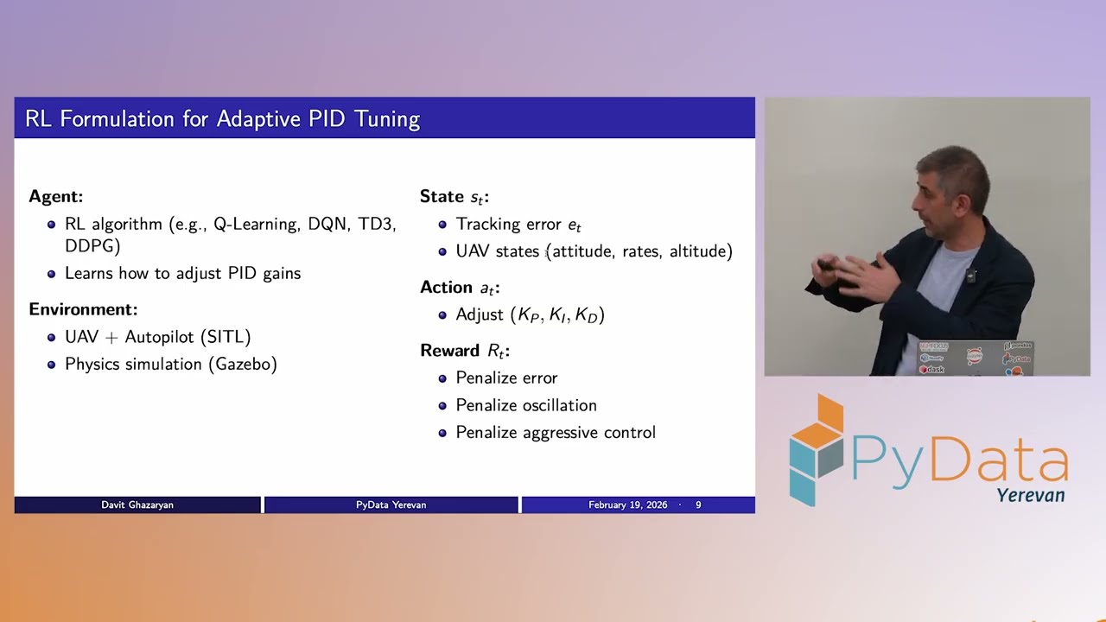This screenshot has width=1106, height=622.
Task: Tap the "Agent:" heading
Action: click(x=56, y=196)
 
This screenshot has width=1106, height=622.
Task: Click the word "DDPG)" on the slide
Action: click(x=92, y=246)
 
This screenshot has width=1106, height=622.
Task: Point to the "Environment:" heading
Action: click(x=83, y=309)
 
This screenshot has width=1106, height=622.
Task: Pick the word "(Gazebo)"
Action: click(x=243, y=364)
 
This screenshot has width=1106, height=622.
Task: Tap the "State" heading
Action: click(x=442, y=196)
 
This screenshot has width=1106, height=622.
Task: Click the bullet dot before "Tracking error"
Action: click(x=442, y=225)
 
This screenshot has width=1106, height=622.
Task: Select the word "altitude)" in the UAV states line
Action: click(x=701, y=251)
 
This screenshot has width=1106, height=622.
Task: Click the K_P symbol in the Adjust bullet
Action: click(x=528, y=315)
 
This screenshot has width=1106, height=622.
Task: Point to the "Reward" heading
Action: click(x=449, y=351)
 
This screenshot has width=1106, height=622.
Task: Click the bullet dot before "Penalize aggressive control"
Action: click(x=442, y=433)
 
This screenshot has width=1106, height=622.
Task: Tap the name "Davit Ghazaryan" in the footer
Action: click(x=137, y=505)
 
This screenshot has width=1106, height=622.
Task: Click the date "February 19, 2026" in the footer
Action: click(x=627, y=505)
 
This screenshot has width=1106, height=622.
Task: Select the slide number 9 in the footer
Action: click(x=698, y=505)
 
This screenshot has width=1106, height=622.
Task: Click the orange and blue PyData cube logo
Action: click(x=816, y=449)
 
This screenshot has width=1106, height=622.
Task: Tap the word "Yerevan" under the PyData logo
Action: click(x=1030, y=495)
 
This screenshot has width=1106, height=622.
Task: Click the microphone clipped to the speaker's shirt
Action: click(x=971, y=276)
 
